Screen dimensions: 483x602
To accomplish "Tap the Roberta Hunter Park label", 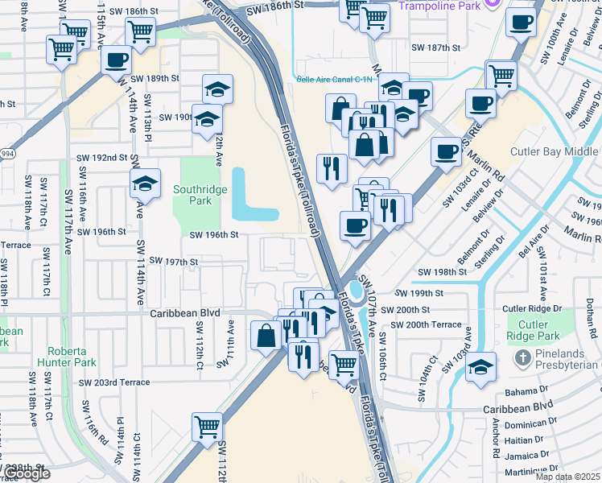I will [x=73, y=357].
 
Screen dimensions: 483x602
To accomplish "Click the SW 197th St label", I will [x=170, y=262].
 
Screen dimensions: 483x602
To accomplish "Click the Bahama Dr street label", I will [x=526, y=391].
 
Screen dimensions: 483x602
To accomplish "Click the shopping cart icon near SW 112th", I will [x=208, y=425].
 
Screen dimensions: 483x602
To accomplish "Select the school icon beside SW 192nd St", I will [x=145, y=185].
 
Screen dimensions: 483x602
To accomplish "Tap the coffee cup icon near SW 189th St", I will [x=117, y=59].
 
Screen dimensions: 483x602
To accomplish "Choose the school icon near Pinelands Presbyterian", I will [x=480, y=366].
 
